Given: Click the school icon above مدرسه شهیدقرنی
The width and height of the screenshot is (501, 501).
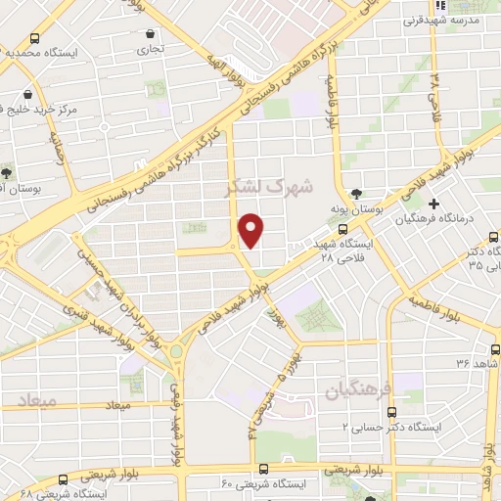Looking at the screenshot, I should pos(433,4).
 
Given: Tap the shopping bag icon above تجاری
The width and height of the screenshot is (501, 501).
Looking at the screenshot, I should pos(148,33).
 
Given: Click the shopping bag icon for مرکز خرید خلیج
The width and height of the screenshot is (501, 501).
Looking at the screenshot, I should pos(33,93).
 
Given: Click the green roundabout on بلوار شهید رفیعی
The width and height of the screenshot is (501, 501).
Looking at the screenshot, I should pos(176,350).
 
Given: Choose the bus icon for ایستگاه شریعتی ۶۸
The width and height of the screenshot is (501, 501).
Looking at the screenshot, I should pos(64,479).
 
